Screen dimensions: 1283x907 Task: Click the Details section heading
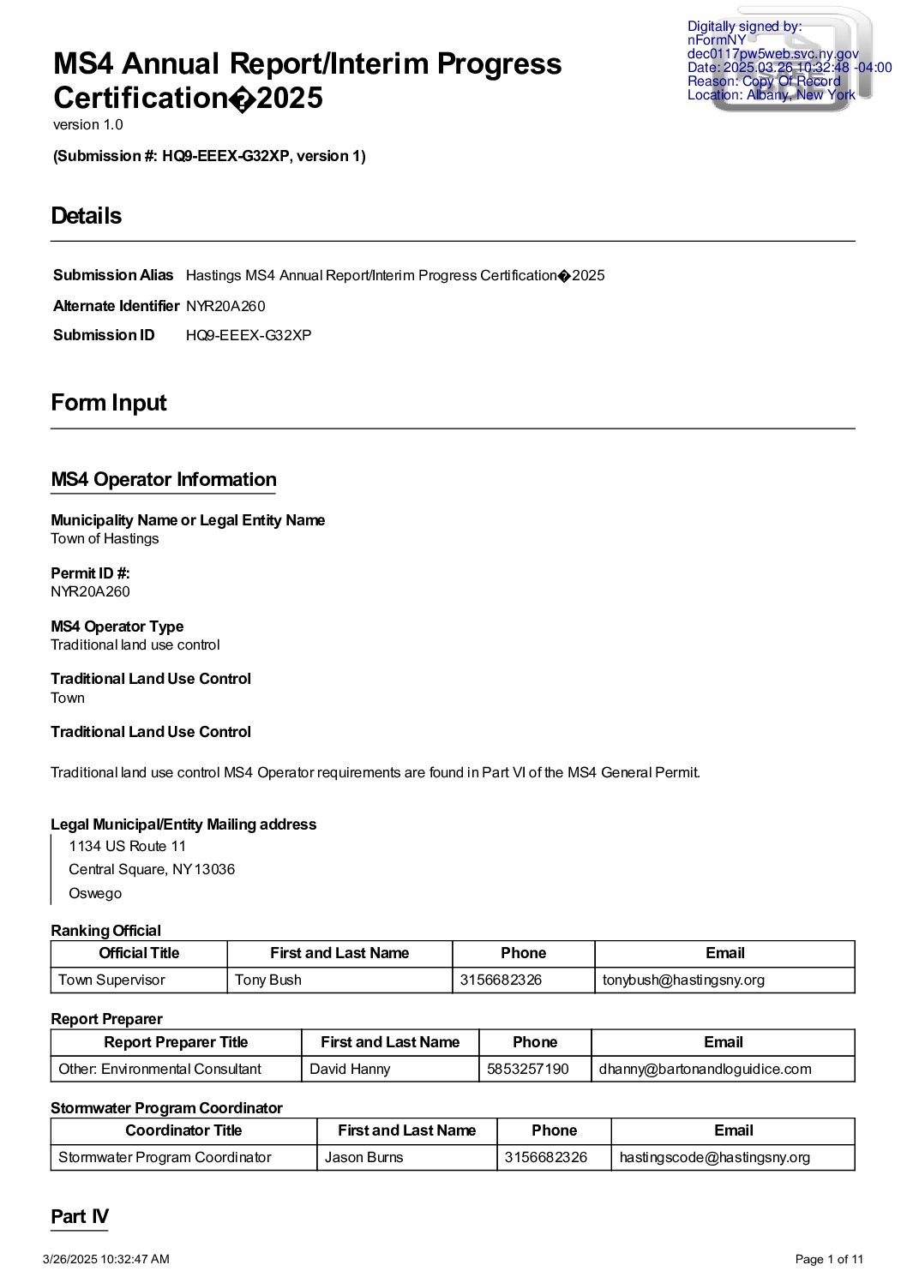click(87, 216)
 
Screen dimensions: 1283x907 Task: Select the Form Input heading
click(109, 403)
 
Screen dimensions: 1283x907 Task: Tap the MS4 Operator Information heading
click(164, 480)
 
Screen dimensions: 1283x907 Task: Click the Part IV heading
click(80, 1217)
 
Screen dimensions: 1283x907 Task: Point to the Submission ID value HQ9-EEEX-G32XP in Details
click(249, 335)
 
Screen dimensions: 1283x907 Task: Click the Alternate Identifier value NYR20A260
click(225, 306)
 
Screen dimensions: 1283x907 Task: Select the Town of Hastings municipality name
click(105, 539)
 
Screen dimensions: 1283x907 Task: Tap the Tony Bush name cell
click(268, 980)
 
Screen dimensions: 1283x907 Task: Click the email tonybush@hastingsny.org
click(683, 980)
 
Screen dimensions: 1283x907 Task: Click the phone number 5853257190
click(528, 1069)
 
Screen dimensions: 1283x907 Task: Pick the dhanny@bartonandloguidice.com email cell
click(705, 1069)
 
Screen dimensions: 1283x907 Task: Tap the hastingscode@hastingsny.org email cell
click(714, 1157)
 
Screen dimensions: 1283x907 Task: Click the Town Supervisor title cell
click(111, 980)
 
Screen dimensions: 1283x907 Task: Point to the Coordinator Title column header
click(183, 1130)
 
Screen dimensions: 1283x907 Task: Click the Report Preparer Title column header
click(176, 1042)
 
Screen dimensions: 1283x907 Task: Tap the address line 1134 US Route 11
click(127, 847)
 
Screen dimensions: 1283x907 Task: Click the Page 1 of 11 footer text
click(829, 1259)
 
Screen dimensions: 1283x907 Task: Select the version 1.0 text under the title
click(88, 125)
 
